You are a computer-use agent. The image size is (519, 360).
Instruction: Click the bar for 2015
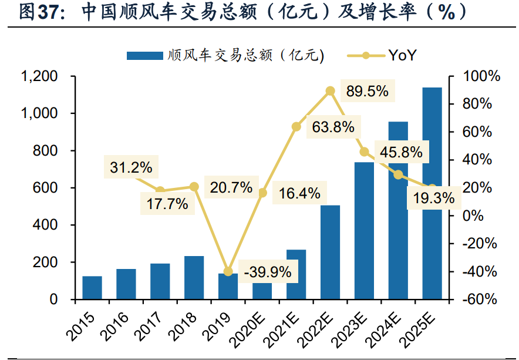click(92, 288)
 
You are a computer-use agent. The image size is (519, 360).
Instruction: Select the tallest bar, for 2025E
click(432, 194)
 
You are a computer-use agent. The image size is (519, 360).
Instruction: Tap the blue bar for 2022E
click(330, 253)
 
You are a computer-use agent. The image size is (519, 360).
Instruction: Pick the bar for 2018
click(194, 278)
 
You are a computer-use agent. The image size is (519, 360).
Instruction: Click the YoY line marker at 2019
click(228, 271)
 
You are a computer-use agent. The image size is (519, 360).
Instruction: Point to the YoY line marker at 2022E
click(330, 90)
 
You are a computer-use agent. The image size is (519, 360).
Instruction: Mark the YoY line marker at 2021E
click(296, 127)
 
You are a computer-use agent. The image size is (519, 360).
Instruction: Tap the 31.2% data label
click(130, 168)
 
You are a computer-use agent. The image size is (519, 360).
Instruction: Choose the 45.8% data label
click(401, 153)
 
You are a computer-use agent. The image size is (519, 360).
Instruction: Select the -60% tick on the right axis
click(480, 300)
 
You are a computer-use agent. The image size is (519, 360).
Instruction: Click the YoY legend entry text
click(403, 55)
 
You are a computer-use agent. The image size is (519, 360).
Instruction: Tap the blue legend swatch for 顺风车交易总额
click(144, 56)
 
